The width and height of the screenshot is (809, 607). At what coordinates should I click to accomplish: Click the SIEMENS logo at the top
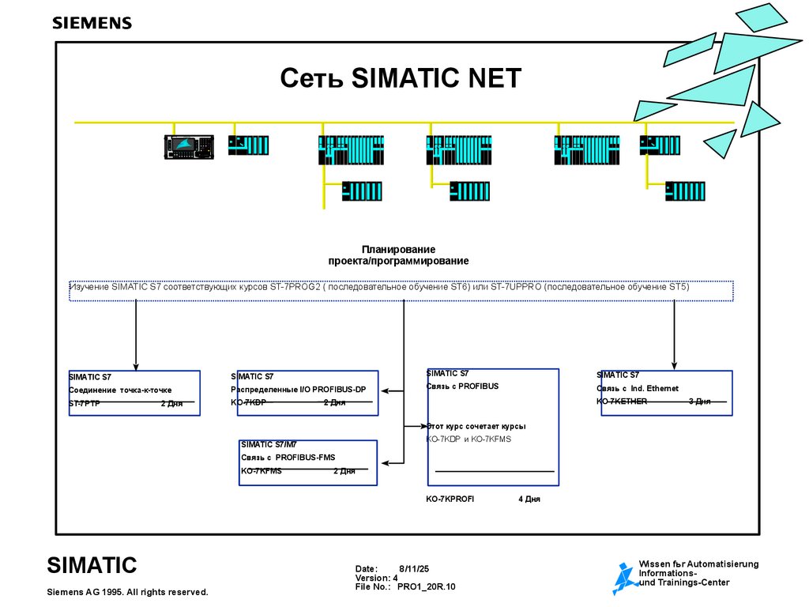pyautogui.click(x=92, y=23)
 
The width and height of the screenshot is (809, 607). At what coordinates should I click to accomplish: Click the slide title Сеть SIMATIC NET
pyautogui.click(x=401, y=79)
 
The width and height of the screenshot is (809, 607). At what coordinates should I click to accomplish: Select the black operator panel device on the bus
pyautogui.click(x=190, y=147)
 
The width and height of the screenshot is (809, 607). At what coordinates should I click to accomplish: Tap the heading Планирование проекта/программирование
pyautogui.click(x=398, y=255)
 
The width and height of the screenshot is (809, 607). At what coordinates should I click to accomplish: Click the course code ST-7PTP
pyautogui.click(x=85, y=403)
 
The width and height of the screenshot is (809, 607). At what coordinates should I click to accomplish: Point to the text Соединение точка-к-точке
pyautogui.click(x=120, y=390)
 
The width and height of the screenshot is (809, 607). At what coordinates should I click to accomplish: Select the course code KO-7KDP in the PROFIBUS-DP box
pyautogui.click(x=248, y=403)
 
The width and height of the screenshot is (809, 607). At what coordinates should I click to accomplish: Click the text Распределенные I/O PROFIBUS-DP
pyautogui.click(x=298, y=390)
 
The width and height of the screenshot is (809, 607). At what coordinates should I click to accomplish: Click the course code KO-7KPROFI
pyautogui.click(x=450, y=500)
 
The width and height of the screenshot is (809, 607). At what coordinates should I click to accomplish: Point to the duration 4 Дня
pyautogui.click(x=529, y=500)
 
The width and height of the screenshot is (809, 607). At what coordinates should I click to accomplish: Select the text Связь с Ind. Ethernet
pyautogui.click(x=637, y=388)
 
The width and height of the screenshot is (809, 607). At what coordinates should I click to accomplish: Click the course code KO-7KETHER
pyautogui.click(x=622, y=402)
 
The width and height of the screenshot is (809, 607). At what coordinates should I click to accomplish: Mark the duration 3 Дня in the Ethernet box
pyautogui.click(x=699, y=402)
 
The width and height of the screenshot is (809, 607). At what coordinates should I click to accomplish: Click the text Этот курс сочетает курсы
pyautogui.click(x=476, y=426)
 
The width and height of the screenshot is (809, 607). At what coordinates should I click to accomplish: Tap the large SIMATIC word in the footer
pyautogui.click(x=92, y=566)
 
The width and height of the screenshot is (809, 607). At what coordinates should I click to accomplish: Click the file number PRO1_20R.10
pyautogui.click(x=426, y=587)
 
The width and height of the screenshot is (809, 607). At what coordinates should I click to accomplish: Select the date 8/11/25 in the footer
pyautogui.click(x=413, y=568)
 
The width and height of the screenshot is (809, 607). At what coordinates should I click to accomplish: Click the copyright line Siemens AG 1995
pyautogui.click(x=127, y=592)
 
